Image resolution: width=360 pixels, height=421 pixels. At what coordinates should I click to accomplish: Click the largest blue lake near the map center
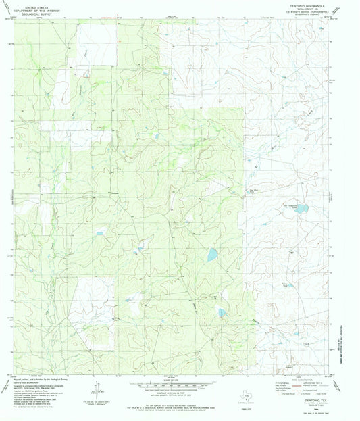[212, 255]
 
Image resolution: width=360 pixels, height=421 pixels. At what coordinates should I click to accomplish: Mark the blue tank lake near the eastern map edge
[302, 209]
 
